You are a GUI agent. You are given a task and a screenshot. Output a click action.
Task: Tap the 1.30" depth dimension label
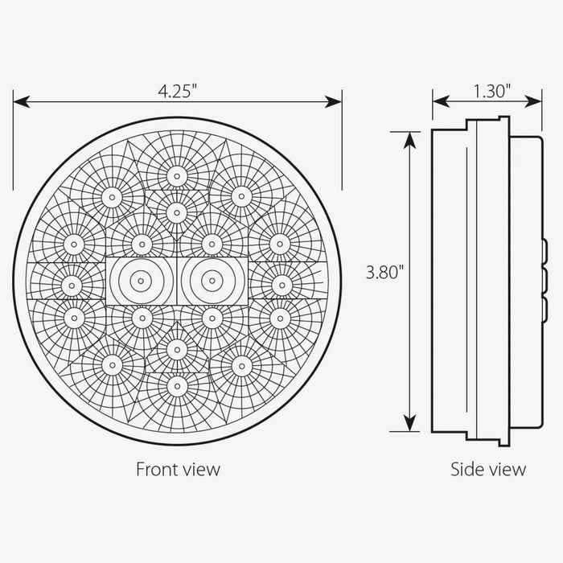point(492,90)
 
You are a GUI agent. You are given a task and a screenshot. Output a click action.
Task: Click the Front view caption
point(178,468)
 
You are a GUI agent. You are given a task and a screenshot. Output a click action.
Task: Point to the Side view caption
point(488,468)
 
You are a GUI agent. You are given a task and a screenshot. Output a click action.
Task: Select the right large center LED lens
point(211,280)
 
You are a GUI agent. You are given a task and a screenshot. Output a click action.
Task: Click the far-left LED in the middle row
point(72,283)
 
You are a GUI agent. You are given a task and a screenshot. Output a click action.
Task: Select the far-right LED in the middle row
point(281,283)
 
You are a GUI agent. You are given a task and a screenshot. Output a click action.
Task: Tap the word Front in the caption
point(155,468)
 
